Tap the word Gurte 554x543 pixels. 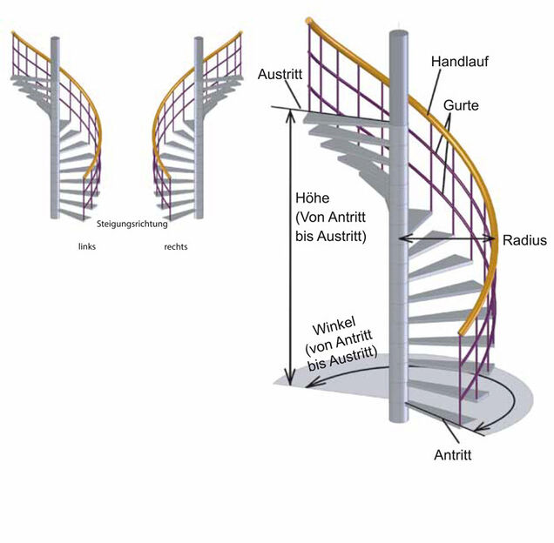[x=461, y=106]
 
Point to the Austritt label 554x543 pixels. [x=280, y=76]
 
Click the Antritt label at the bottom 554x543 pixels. [x=453, y=454]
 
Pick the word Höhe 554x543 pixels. [x=312, y=198]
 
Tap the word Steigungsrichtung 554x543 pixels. [x=132, y=224]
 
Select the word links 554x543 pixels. [x=86, y=247]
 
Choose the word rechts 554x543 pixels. [x=176, y=247]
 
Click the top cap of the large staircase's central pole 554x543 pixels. [x=397, y=35]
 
